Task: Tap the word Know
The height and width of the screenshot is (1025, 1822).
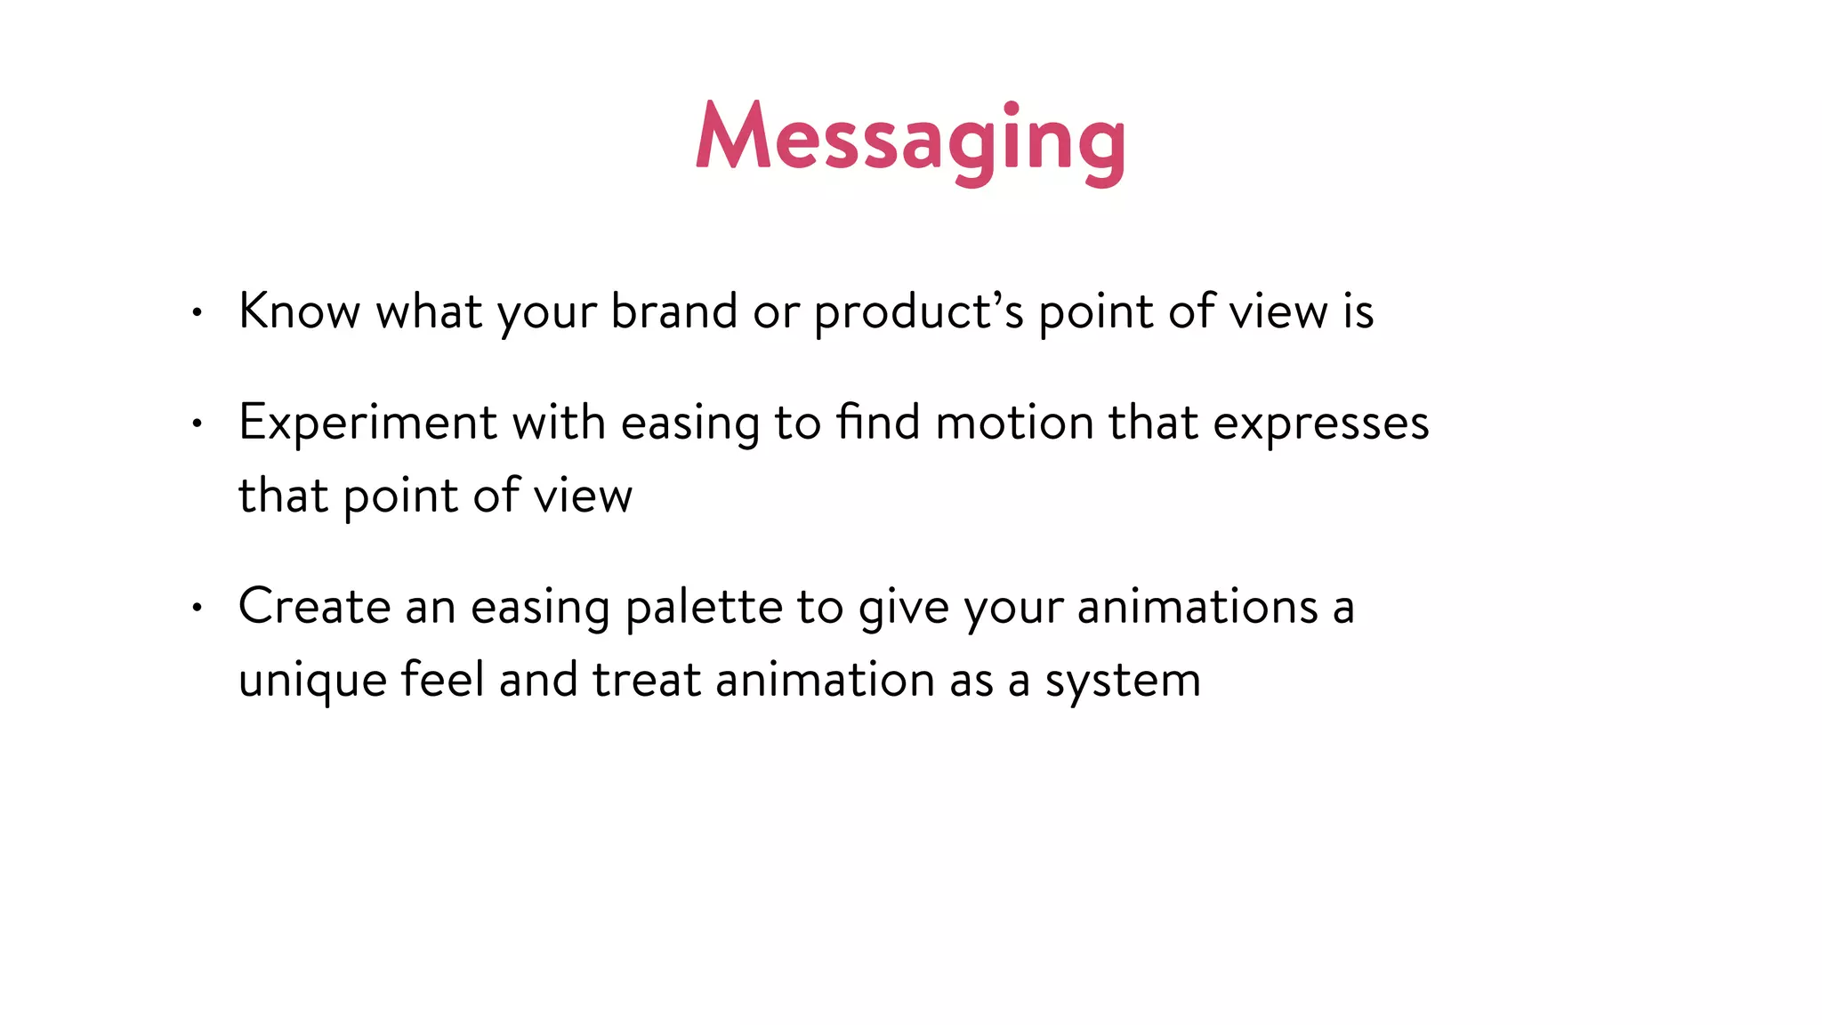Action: tap(299, 311)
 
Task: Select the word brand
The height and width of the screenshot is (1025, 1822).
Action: tap(674, 311)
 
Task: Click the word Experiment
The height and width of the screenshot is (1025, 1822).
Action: tap(367, 423)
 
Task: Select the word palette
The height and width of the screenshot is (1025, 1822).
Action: tap(704, 608)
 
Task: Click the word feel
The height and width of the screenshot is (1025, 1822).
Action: tap(442, 679)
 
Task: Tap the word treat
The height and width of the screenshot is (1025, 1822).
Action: tap(647, 680)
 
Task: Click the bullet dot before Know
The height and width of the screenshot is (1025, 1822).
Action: tap(198, 312)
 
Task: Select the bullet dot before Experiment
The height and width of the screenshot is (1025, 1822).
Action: tap(198, 424)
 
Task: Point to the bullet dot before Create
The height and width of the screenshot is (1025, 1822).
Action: tap(198, 608)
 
